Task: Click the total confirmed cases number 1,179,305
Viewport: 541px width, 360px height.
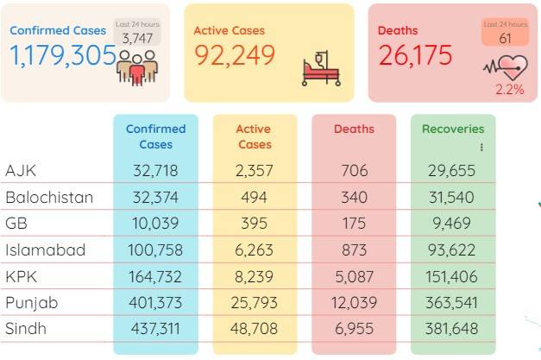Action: pos(63,55)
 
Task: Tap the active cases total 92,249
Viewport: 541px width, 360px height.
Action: pos(235,55)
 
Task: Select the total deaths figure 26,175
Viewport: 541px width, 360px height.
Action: pos(415,55)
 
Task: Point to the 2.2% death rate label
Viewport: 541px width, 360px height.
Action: pos(510,90)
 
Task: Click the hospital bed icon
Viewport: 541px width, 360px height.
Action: pos(321,69)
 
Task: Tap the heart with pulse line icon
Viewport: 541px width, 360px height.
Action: pos(506,67)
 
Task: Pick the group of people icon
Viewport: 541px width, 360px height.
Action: pos(137,68)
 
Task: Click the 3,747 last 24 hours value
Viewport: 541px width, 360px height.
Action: pos(137,38)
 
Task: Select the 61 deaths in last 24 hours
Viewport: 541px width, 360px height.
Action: pos(505,38)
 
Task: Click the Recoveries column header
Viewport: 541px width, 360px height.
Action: pos(453,129)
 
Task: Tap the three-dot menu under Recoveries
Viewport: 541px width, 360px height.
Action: pos(481,148)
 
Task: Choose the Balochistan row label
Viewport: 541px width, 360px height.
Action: pos(49,198)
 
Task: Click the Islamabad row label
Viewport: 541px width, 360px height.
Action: pos(45,249)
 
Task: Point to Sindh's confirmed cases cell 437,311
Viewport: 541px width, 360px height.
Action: pos(155,329)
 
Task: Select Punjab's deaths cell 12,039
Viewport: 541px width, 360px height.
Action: pos(354,303)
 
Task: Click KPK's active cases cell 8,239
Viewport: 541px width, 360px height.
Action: pos(254,277)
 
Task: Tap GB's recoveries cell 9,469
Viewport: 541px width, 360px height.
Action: pos(451,224)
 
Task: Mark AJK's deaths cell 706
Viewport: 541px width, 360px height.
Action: pos(355,171)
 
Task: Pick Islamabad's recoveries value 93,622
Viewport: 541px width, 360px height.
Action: pos(451,249)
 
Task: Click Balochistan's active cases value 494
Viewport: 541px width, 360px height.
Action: pos(254,198)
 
